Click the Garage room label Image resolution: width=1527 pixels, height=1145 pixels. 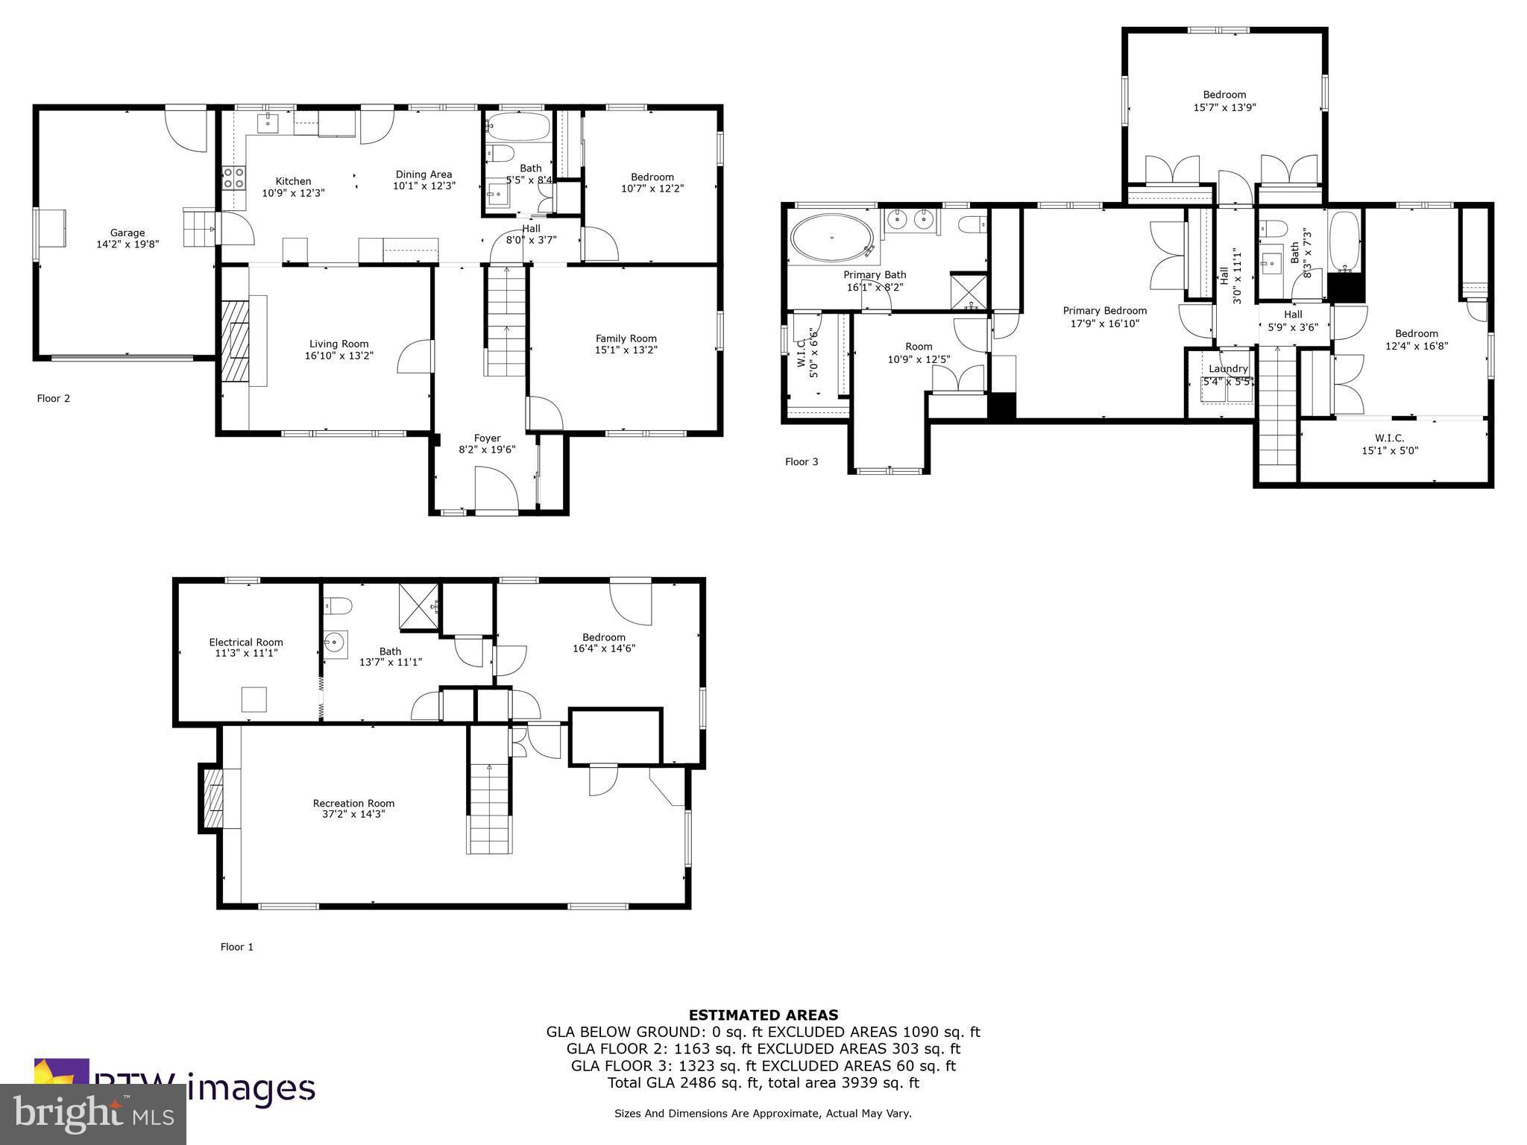pos(127,233)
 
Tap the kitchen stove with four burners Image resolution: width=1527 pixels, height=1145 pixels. pos(234,177)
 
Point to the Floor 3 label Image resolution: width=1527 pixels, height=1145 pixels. pos(802,462)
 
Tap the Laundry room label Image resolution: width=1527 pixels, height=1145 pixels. pos(1228,369)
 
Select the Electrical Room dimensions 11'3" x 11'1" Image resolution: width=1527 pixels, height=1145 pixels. pos(245,653)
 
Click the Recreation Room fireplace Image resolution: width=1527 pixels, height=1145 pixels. pos(213,798)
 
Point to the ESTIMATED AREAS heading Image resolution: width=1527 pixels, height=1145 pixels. pos(763,1015)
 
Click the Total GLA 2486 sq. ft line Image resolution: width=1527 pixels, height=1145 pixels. pos(763,1082)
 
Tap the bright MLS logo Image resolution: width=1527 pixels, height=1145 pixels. pos(92,1114)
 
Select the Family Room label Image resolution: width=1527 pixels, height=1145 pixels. pos(626,338)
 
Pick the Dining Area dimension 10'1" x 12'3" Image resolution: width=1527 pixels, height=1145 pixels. pos(424,186)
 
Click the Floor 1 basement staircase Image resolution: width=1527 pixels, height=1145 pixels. pos(491,809)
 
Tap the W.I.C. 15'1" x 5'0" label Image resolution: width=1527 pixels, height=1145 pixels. pos(1389,444)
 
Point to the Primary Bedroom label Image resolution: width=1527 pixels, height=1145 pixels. pos(1104,311)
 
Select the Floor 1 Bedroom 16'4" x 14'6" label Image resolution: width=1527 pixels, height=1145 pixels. pos(603,643)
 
